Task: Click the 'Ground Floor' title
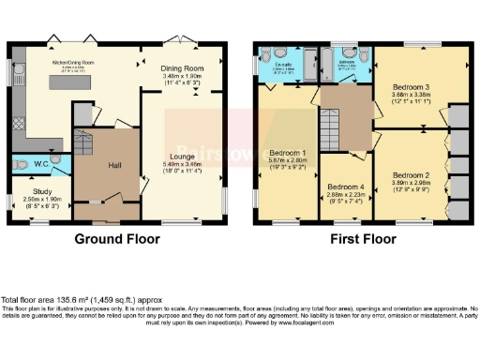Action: (118, 238)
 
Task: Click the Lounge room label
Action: (183, 156)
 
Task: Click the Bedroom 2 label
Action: (410, 175)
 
